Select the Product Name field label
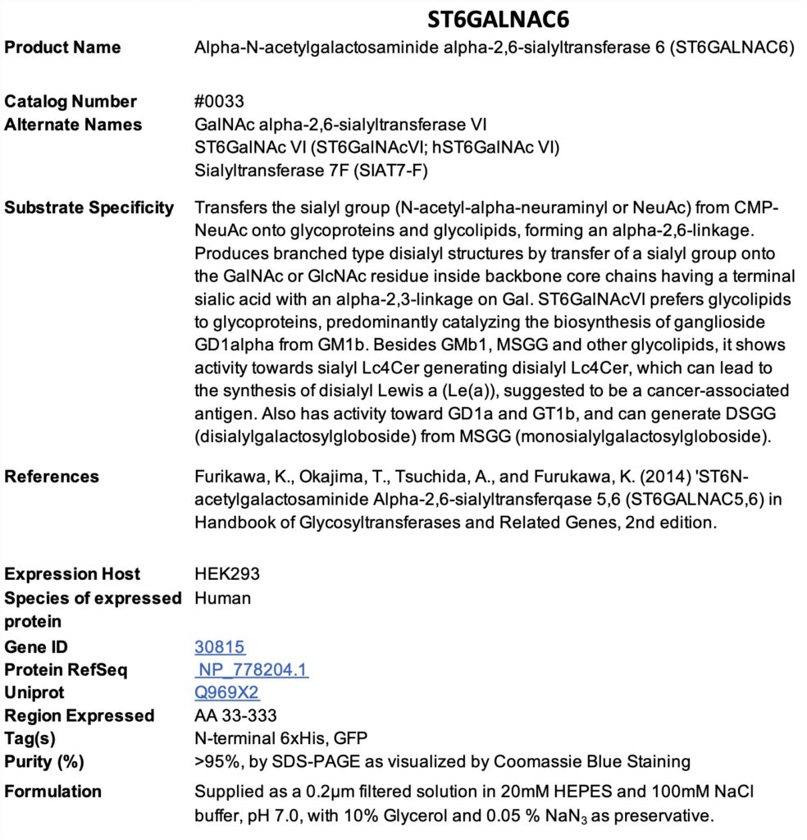(x=62, y=48)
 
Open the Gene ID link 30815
(x=220, y=647)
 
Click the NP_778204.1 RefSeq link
(x=253, y=670)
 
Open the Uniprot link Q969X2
(x=227, y=693)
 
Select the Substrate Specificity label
(x=89, y=208)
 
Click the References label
(x=52, y=477)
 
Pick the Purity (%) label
(x=44, y=762)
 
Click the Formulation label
(x=53, y=792)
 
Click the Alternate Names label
(x=73, y=125)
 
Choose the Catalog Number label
(x=71, y=102)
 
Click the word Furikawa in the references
(x=228, y=477)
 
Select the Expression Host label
(x=72, y=574)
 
